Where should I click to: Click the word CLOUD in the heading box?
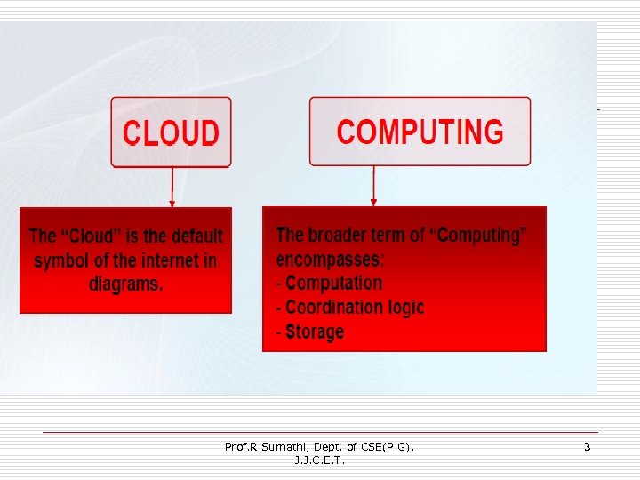pyautogui.click(x=171, y=133)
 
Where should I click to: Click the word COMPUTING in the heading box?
pyautogui.click(x=420, y=132)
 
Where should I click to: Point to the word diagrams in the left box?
pyautogui.click(x=125, y=284)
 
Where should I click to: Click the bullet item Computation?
pyautogui.click(x=332, y=284)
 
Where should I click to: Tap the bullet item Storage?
pyautogui.click(x=314, y=332)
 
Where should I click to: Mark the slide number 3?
pyautogui.click(x=587, y=447)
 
